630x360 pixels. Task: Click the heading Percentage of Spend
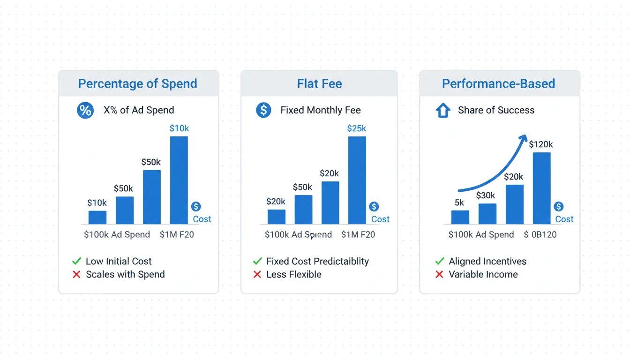[x=137, y=84]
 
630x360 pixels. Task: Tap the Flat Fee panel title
[x=319, y=84]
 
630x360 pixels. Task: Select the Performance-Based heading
[x=498, y=84]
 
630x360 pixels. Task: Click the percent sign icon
[x=85, y=111]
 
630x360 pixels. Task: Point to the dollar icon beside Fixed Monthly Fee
[x=263, y=111]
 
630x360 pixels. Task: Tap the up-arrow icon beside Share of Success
[x=443, y=111]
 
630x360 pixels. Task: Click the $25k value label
[x=357, y=128]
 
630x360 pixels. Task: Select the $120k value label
[x=541, y=144]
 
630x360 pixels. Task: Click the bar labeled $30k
[x=487, y=214]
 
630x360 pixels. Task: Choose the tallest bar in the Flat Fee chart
[x=357, y=180]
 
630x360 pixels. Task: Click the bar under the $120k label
[x=541, y=188]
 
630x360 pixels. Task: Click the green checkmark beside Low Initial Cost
[x=76, y=261]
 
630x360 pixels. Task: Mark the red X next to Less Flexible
[x=257, y=275]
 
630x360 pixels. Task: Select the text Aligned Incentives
[x=487, y=262]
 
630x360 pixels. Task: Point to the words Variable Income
[x=483, y=275]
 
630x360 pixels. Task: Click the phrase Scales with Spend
[x=125, y=275]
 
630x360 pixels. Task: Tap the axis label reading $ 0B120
[x=540, y=234]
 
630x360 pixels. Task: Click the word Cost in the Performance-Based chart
[x=564, y=219]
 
